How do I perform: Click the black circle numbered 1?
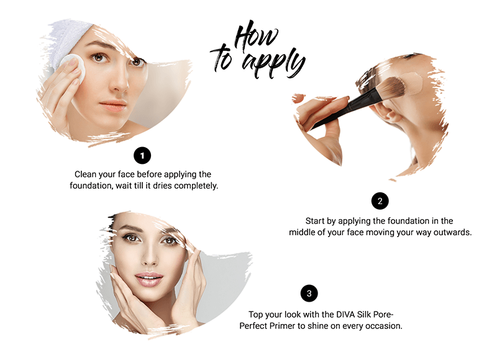[x=142, y=155]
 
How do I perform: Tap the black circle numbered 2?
[x=380, y=201]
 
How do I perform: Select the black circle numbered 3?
[x=309, y=294]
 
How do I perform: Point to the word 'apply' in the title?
[x=273, y=63]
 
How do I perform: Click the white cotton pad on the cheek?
[x=74, y=68]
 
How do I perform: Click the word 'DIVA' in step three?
[x=345, y=315]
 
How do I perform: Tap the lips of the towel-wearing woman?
[x=113, y=106]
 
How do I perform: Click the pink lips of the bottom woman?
[x=149, y=279]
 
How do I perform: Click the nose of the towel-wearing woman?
[x=119, y=81]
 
